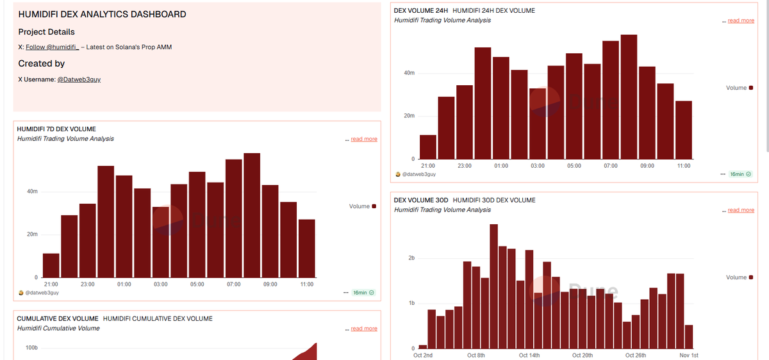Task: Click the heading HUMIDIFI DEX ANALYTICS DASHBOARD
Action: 103,14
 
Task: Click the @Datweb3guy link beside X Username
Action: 79,79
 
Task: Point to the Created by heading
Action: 42,63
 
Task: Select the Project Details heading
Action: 46,32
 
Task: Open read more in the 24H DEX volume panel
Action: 740,21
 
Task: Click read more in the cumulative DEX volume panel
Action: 363,329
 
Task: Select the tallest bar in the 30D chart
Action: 493,286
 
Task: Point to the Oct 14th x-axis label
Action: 529,355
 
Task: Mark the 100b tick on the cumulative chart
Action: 31,348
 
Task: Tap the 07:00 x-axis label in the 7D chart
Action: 234,284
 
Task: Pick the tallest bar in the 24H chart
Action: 629,97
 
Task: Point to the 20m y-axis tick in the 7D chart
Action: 32,234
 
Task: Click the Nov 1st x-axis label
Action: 689,355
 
